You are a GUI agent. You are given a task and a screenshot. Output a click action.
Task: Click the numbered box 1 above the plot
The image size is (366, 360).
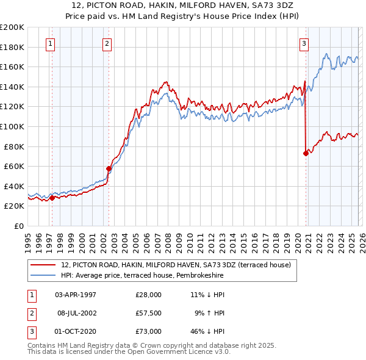tap(49, 43)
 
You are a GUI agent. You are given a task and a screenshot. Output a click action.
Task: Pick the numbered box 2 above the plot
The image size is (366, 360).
tap(107, 43)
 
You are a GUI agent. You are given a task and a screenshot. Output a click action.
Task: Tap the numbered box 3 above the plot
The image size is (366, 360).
tap(304, 43)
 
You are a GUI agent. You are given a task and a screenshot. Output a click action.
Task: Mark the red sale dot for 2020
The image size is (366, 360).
tap(305, 154)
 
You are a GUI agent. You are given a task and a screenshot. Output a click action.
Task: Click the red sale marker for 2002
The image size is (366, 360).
tap(109, 169)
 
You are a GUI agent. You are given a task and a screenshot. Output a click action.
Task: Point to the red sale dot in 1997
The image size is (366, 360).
tap(52, 198)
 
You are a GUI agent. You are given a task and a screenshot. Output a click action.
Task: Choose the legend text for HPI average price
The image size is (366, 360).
tap(142, 276)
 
